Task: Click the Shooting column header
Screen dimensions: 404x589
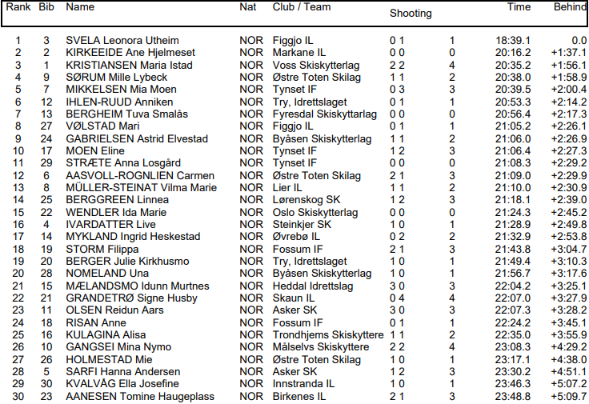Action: click(x=410, y=13)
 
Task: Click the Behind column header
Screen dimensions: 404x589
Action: click(x=569, y=7)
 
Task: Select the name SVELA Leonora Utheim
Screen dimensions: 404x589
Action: click(x=122, y=40)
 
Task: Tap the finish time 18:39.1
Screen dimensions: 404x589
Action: click(x=513, y=40)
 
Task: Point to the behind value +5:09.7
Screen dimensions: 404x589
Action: click(x=569, y=396)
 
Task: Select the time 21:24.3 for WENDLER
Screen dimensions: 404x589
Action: click(x=513, y=212)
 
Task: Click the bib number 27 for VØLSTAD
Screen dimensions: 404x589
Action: click(x=46, y=126)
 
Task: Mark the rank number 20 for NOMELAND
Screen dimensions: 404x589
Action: click(x=18, y=274)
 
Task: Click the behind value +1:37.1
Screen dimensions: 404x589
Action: click(x=569, y=52)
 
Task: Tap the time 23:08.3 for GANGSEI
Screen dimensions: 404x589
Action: click(x=513, y=347)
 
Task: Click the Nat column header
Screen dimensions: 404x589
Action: click(x=248, y=7)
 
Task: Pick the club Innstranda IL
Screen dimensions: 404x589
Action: click(x=303, y=384)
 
